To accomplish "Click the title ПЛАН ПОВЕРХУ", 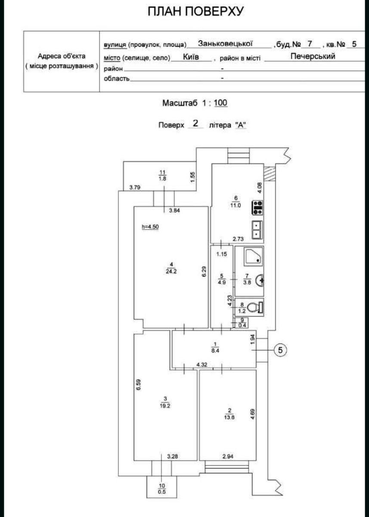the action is [195, 11].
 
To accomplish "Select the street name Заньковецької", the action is [225, 44].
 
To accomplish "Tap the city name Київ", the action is [191, 57].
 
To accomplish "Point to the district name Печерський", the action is [313, 56].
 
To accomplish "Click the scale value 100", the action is [221, 103].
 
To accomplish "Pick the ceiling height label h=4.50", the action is [150, 227].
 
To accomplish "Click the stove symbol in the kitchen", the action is [257, 208].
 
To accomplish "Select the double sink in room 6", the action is [257, 230].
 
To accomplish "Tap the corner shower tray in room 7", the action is [253, 256].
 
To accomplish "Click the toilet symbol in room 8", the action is [255, 307].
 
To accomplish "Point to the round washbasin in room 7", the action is [260, 280].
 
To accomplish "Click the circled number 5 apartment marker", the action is [280, 350].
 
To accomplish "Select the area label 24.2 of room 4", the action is [171, 271].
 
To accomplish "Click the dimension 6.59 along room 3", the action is [138, 385].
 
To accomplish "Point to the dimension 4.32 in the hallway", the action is [202, 364].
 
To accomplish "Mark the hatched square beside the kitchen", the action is [270, 173].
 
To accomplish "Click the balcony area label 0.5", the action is [162, 492].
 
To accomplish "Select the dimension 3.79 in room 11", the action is [135, 187].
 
